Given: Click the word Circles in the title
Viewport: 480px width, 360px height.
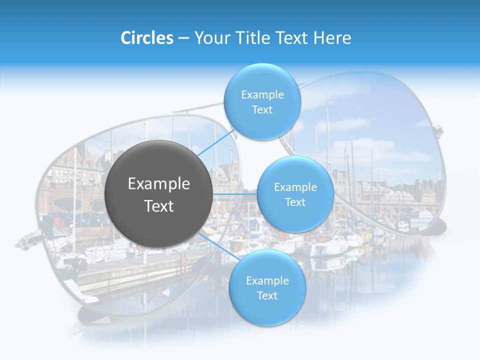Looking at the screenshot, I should tap(147, 38).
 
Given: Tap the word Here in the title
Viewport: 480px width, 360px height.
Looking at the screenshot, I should tap(332, 38).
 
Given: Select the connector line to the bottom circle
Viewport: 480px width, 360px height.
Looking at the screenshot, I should tap(216, 245).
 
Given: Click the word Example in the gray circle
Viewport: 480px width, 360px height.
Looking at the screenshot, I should tap(159, 184).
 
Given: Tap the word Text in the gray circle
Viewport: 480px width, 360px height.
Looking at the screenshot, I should tap(159, 206).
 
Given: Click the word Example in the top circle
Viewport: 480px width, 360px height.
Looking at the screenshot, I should tap(262, 95).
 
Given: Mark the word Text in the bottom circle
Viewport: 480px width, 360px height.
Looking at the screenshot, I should tap(267, 296).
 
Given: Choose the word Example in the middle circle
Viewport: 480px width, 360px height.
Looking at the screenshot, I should tap(295, 187).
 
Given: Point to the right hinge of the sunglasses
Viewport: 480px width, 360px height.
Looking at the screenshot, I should tap(438, 131).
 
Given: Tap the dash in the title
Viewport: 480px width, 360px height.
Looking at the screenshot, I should tap(183, 38).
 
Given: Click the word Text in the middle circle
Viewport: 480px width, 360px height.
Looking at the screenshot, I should tap(295, 202).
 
